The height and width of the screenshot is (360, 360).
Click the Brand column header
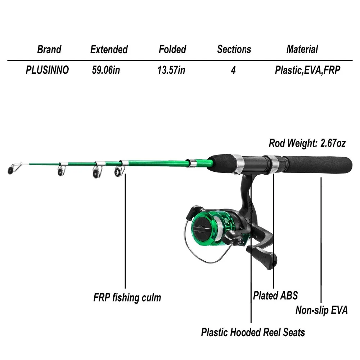click(x=49, y=49)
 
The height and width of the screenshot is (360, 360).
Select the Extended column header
click(x=109, y=49)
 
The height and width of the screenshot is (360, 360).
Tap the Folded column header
click(x=172, y=49)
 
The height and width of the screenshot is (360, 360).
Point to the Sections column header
click(x=234, y=49)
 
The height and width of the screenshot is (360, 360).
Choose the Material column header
click(x=302, y=49)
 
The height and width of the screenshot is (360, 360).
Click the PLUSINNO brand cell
click(x=47, y=70)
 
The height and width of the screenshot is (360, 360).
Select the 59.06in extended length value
click(x=106, y=70)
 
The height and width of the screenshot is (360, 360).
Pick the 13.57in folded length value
click(x=171, y=70)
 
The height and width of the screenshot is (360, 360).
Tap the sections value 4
click(x=233, y=70)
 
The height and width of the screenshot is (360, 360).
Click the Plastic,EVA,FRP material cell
click(x=307, y=70)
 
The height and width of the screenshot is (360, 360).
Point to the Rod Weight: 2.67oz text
click(x=307, y=143)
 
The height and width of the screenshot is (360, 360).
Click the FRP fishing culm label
click(x=127, y=298)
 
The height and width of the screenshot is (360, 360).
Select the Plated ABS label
click(x=275, y=296)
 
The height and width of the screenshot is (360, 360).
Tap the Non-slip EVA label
click(x=321, y=310)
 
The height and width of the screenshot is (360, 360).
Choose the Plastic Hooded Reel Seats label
click(x=253, y=332)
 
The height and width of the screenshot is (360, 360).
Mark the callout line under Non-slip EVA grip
click(x=321, y=238)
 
